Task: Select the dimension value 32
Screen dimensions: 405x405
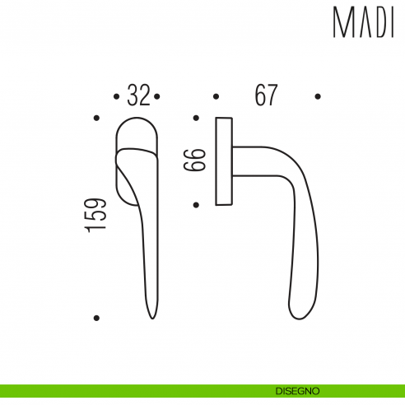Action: tap(138, 96)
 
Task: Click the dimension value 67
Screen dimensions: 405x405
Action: tap(265, 96)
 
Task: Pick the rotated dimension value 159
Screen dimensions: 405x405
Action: tap(96, 216)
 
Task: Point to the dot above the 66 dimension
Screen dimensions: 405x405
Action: tap(196, 119)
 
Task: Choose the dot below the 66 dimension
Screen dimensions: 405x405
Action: tap(196, 204)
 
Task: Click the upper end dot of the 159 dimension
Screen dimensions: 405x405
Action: tap(96, 119)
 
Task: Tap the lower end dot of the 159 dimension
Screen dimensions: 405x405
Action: tap(96, 317)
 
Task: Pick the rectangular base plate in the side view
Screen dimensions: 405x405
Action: tap(222, 161)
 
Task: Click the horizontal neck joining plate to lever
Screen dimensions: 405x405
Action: tap(251, 161)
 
